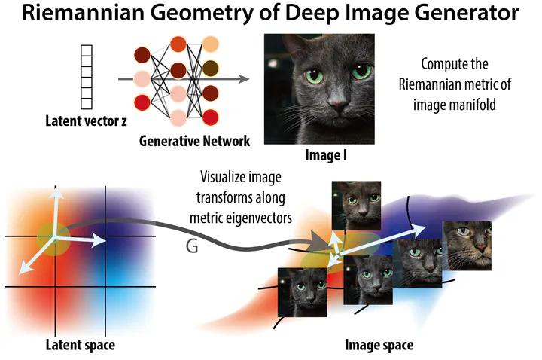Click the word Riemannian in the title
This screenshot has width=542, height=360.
83,13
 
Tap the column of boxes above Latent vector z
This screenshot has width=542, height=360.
87,77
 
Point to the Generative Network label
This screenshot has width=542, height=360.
194,141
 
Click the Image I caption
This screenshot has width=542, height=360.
326,155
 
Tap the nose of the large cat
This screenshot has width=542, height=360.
336,102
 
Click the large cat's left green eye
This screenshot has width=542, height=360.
314,75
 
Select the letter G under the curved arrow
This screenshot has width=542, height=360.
192,246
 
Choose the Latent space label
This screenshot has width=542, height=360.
81,345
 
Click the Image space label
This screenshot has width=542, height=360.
379,345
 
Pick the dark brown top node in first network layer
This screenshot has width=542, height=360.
142,55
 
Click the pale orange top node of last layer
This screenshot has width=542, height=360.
211,44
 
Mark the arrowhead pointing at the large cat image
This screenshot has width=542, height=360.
244,79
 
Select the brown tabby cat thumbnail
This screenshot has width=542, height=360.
467,246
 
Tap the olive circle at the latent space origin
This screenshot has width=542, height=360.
53,239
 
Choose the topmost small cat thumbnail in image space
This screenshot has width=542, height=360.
356,206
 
